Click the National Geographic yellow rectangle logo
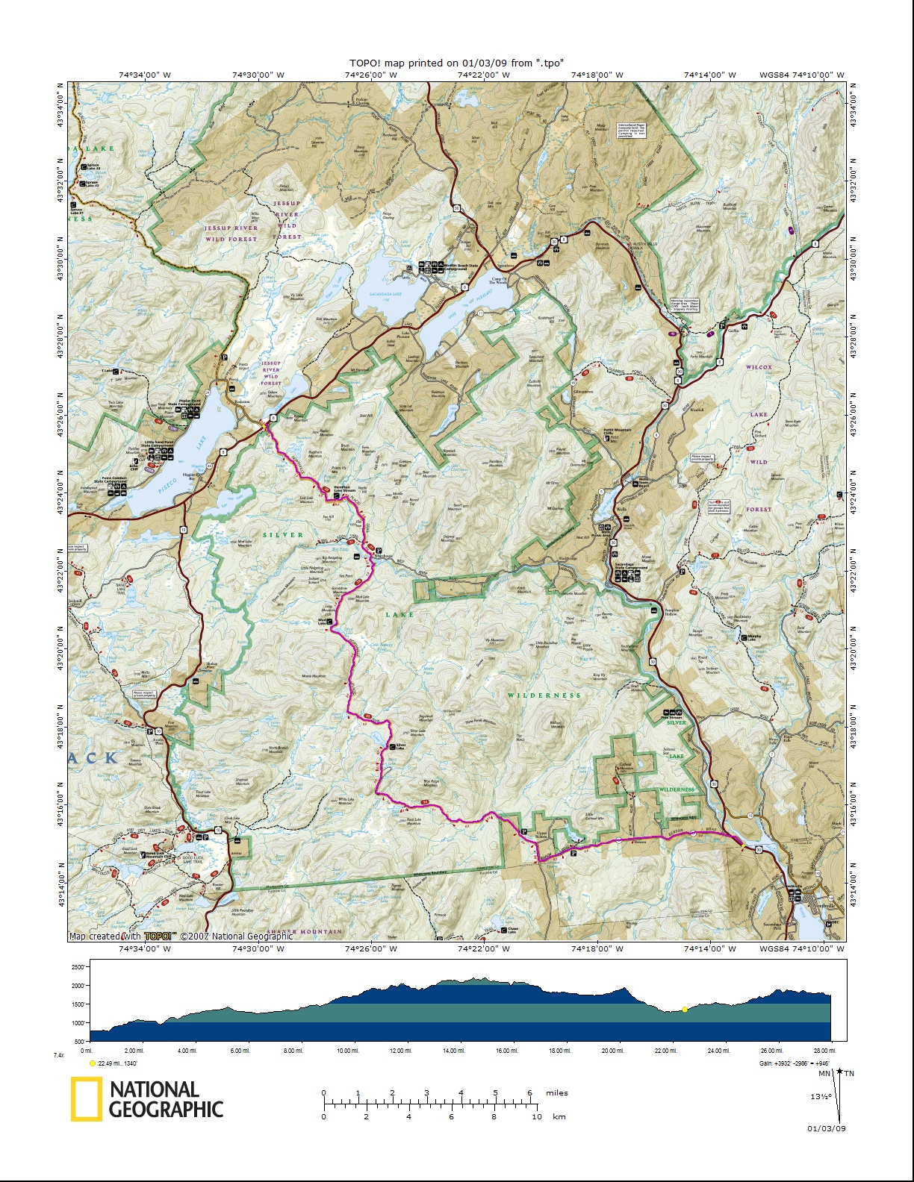point(86,1099)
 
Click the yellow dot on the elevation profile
point(684,1010)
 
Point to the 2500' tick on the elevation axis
point(78,966)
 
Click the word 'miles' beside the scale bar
point(556,1092)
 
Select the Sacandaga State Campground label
point(631,568)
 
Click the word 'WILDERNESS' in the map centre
point(544,695)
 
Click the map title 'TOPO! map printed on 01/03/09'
point(456,63)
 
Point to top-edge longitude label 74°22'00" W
point(485,75)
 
